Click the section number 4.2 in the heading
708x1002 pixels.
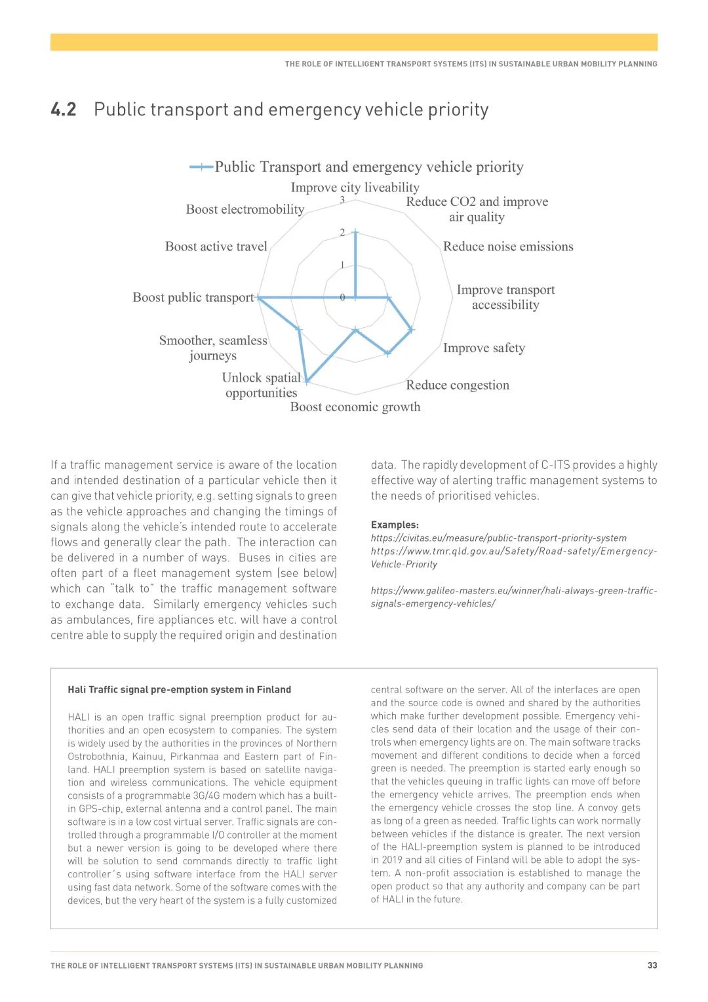pos(64,110)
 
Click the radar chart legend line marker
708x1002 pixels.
pos(201,167)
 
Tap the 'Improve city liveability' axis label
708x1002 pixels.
pos(355,188)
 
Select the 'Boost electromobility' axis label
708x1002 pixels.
pos(245,209)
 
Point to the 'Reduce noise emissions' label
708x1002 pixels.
pos(508,247)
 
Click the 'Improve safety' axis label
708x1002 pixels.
pos(484,348)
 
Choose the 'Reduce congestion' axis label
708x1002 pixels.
pos(458,385)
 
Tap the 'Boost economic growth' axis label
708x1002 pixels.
pos(355,407)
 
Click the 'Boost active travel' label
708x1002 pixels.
pos(216,247)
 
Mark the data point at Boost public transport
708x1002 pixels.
pos(259,298)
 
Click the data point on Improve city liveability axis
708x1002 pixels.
pos(355,232)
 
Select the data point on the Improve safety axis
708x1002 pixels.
pos(411,330)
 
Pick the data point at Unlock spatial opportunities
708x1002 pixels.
pos(307,381)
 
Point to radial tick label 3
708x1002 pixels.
pos(342,200)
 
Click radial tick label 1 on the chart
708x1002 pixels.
pos(342,265)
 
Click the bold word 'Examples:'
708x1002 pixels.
pos(395,525)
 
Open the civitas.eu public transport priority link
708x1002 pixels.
pos(498,538)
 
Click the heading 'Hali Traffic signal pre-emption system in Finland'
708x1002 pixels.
pos(179,690)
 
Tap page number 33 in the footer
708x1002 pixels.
pos(652,965)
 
